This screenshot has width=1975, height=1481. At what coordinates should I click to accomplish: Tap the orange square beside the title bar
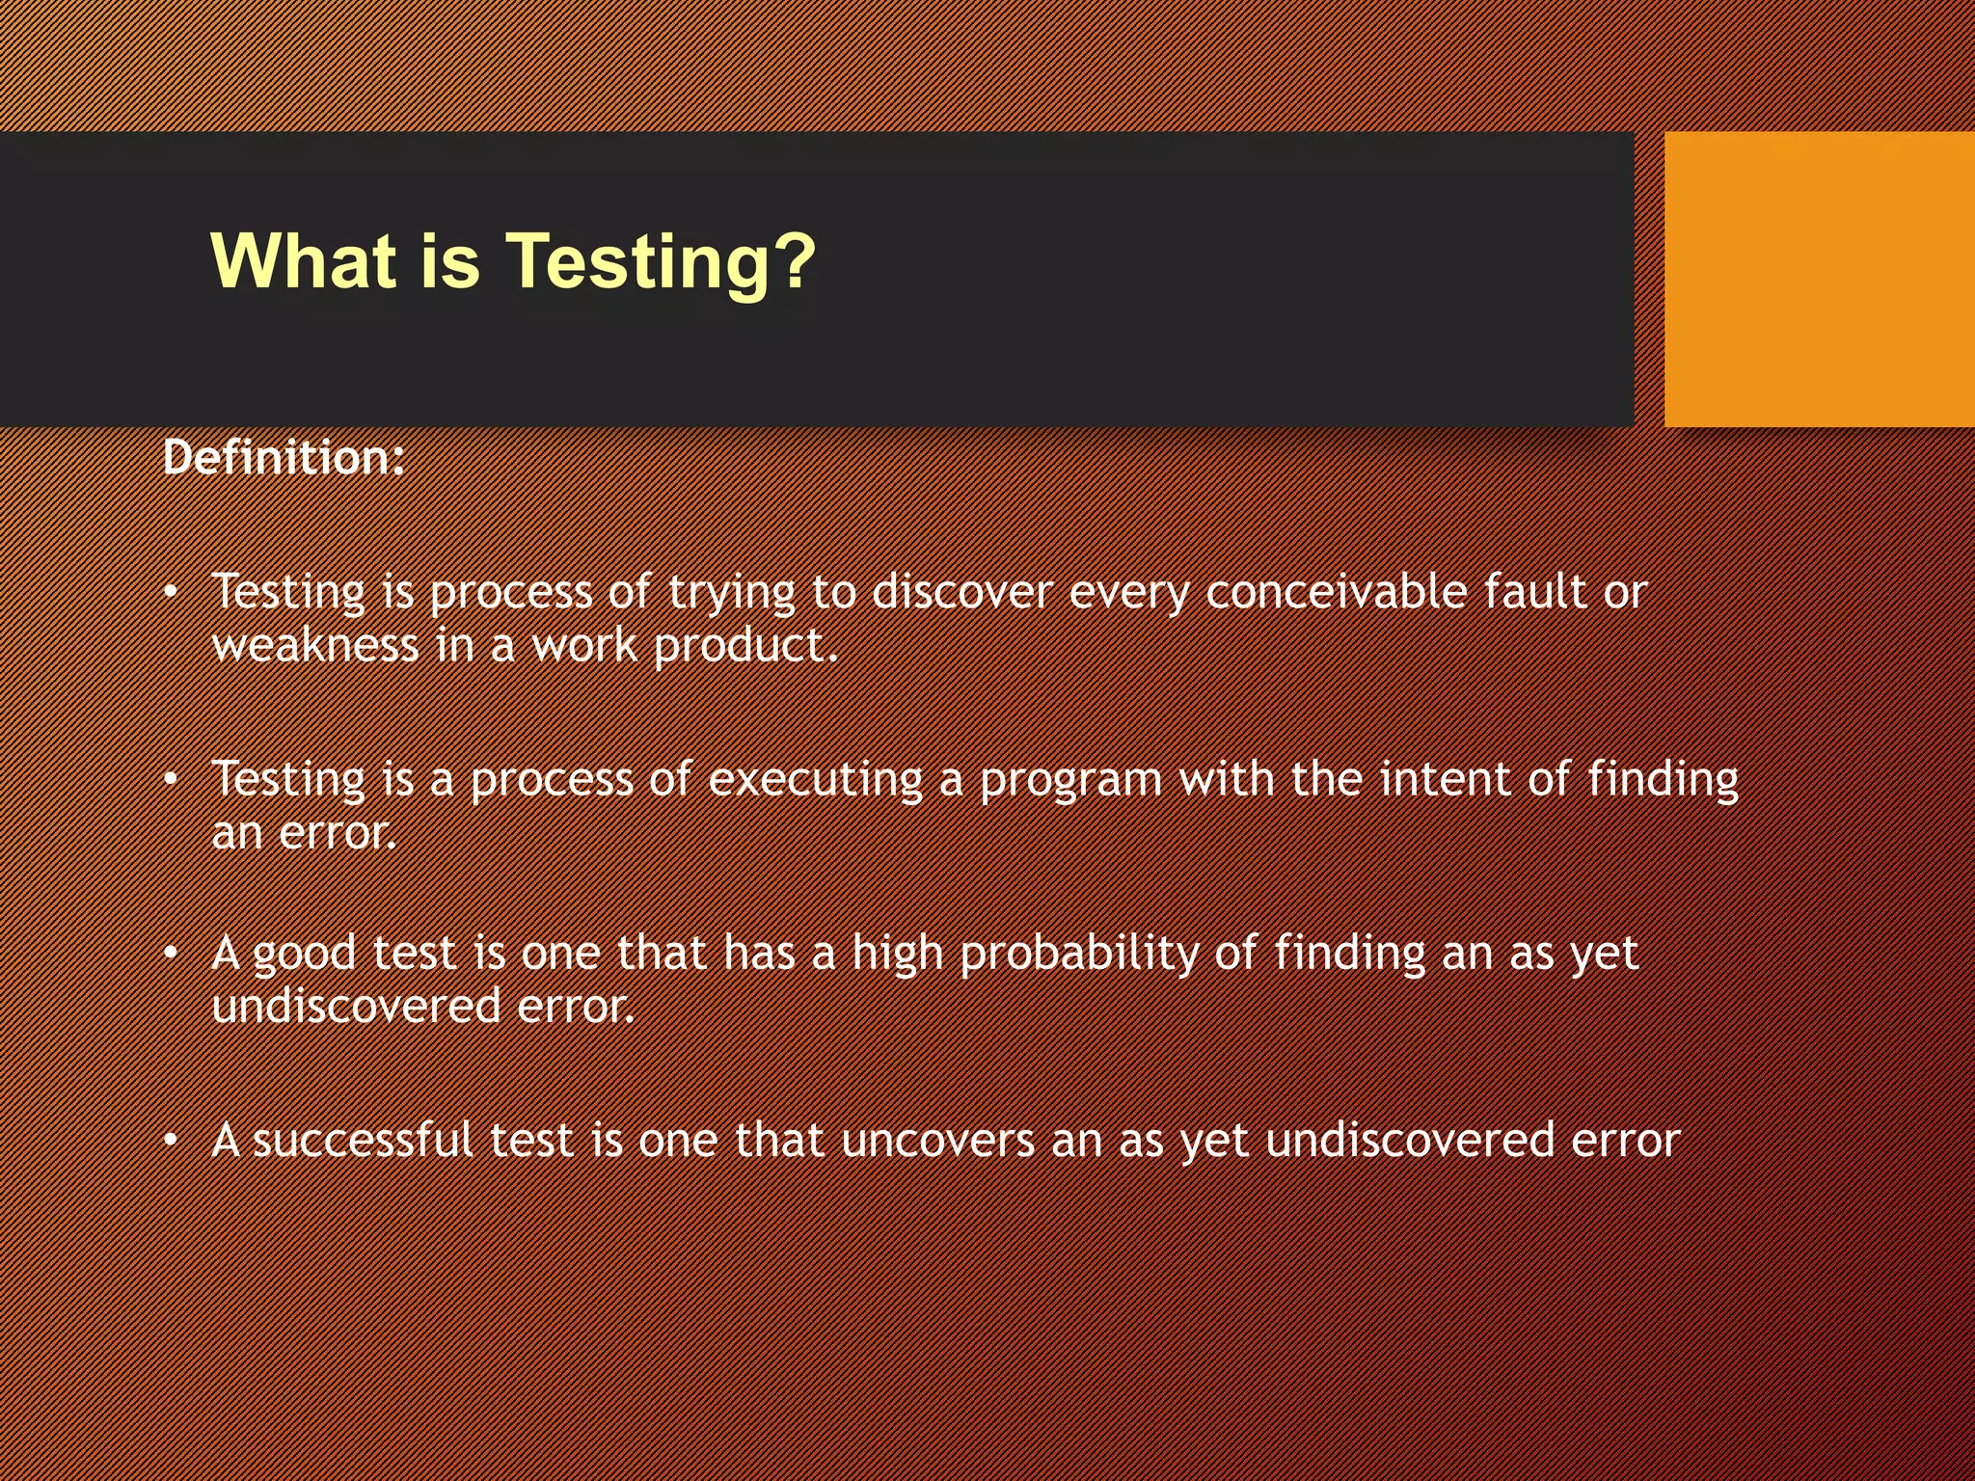[x=1819, y=280]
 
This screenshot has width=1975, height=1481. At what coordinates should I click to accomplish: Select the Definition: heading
[x=284, y=457]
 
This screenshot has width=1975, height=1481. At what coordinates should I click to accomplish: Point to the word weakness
[x=315, y=645]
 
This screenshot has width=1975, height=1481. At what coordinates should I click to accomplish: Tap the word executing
[x=816, y=780]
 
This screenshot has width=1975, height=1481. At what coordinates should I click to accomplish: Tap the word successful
[x=363, y=1140]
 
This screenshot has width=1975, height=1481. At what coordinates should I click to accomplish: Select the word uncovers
[x=937, y=1141]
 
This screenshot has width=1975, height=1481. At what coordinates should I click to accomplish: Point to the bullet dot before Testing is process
[x=171, y=592]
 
